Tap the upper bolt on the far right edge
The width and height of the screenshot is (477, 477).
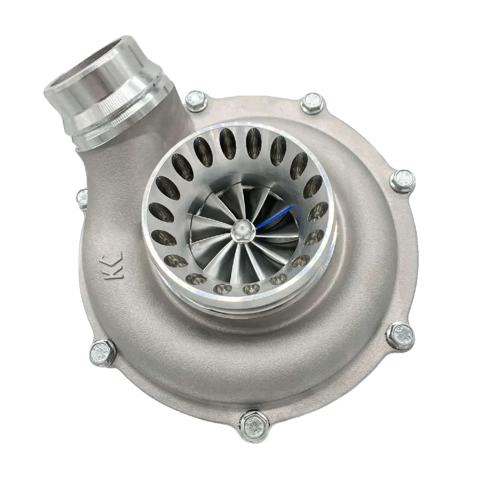[x=403, y=179]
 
